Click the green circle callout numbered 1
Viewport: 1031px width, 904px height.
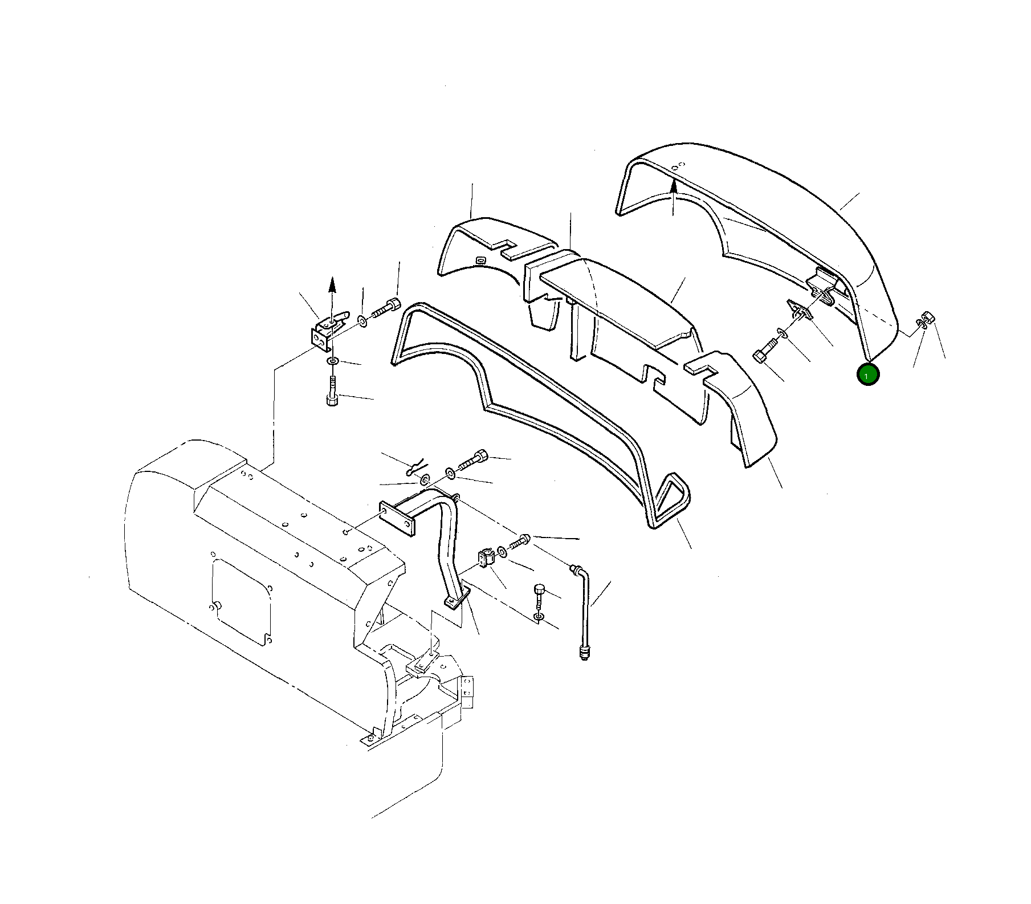click(x=868, y=374)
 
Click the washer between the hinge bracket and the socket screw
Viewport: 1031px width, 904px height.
click(x=362, y=321)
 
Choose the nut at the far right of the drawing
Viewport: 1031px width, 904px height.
click(x=928, y=318)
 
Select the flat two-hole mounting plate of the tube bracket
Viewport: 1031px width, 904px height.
click(x=397, y=518)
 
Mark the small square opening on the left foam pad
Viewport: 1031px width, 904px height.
click(x=480, y=260)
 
